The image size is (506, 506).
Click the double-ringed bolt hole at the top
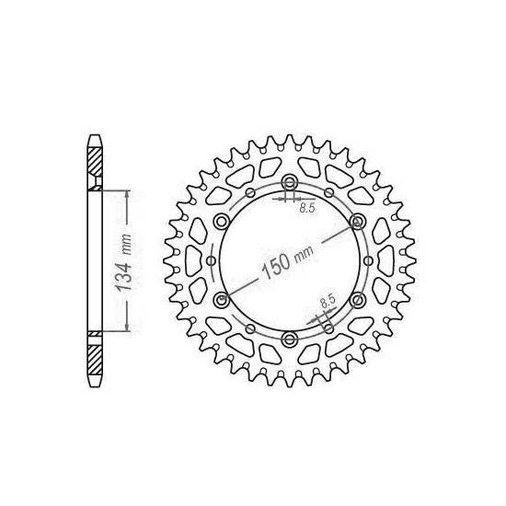click(288, 180)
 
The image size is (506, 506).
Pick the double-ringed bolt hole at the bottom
click(288, 341)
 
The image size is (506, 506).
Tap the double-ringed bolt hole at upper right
click(357, 221)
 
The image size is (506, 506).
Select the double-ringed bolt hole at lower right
click(357, 301)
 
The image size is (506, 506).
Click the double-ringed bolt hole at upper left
click(219, 221)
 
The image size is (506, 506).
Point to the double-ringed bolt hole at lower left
click(219, 301)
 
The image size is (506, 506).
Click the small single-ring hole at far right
click(366, 261)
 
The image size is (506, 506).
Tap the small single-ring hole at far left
click(210, 261)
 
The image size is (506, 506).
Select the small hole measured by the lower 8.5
click(328, 328)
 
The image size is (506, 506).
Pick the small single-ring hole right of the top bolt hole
click(328, 193)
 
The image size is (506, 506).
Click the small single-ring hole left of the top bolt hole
click(248, 193)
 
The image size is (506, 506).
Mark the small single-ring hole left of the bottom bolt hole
click(248, 328)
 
